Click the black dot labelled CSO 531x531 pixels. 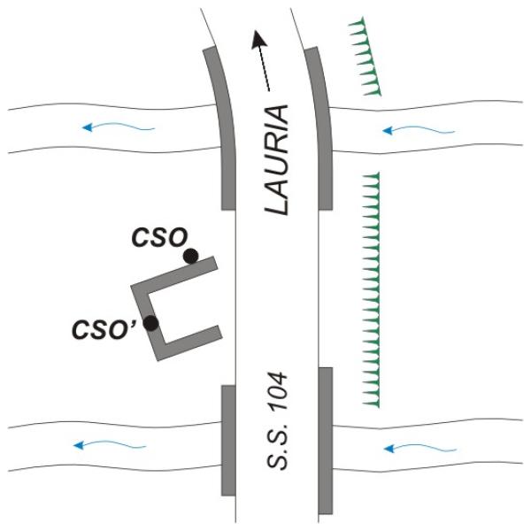tap(190, 256)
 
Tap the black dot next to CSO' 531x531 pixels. tap(150, 323)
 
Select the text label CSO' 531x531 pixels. tap(104, 329)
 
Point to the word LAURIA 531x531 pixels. tap(276, 160)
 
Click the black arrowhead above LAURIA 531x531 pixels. tap(258, 39)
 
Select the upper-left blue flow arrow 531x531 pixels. tap(119, 127)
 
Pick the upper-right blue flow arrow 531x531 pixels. tap(419, 130)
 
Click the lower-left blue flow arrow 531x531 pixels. tap(110, 444)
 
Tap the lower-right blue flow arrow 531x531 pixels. tap(419, 448)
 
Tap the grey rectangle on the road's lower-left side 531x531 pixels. tap(228, 440)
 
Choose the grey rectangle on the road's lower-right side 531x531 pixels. tap(326, 440)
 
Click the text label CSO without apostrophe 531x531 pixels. tap(159, 236)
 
